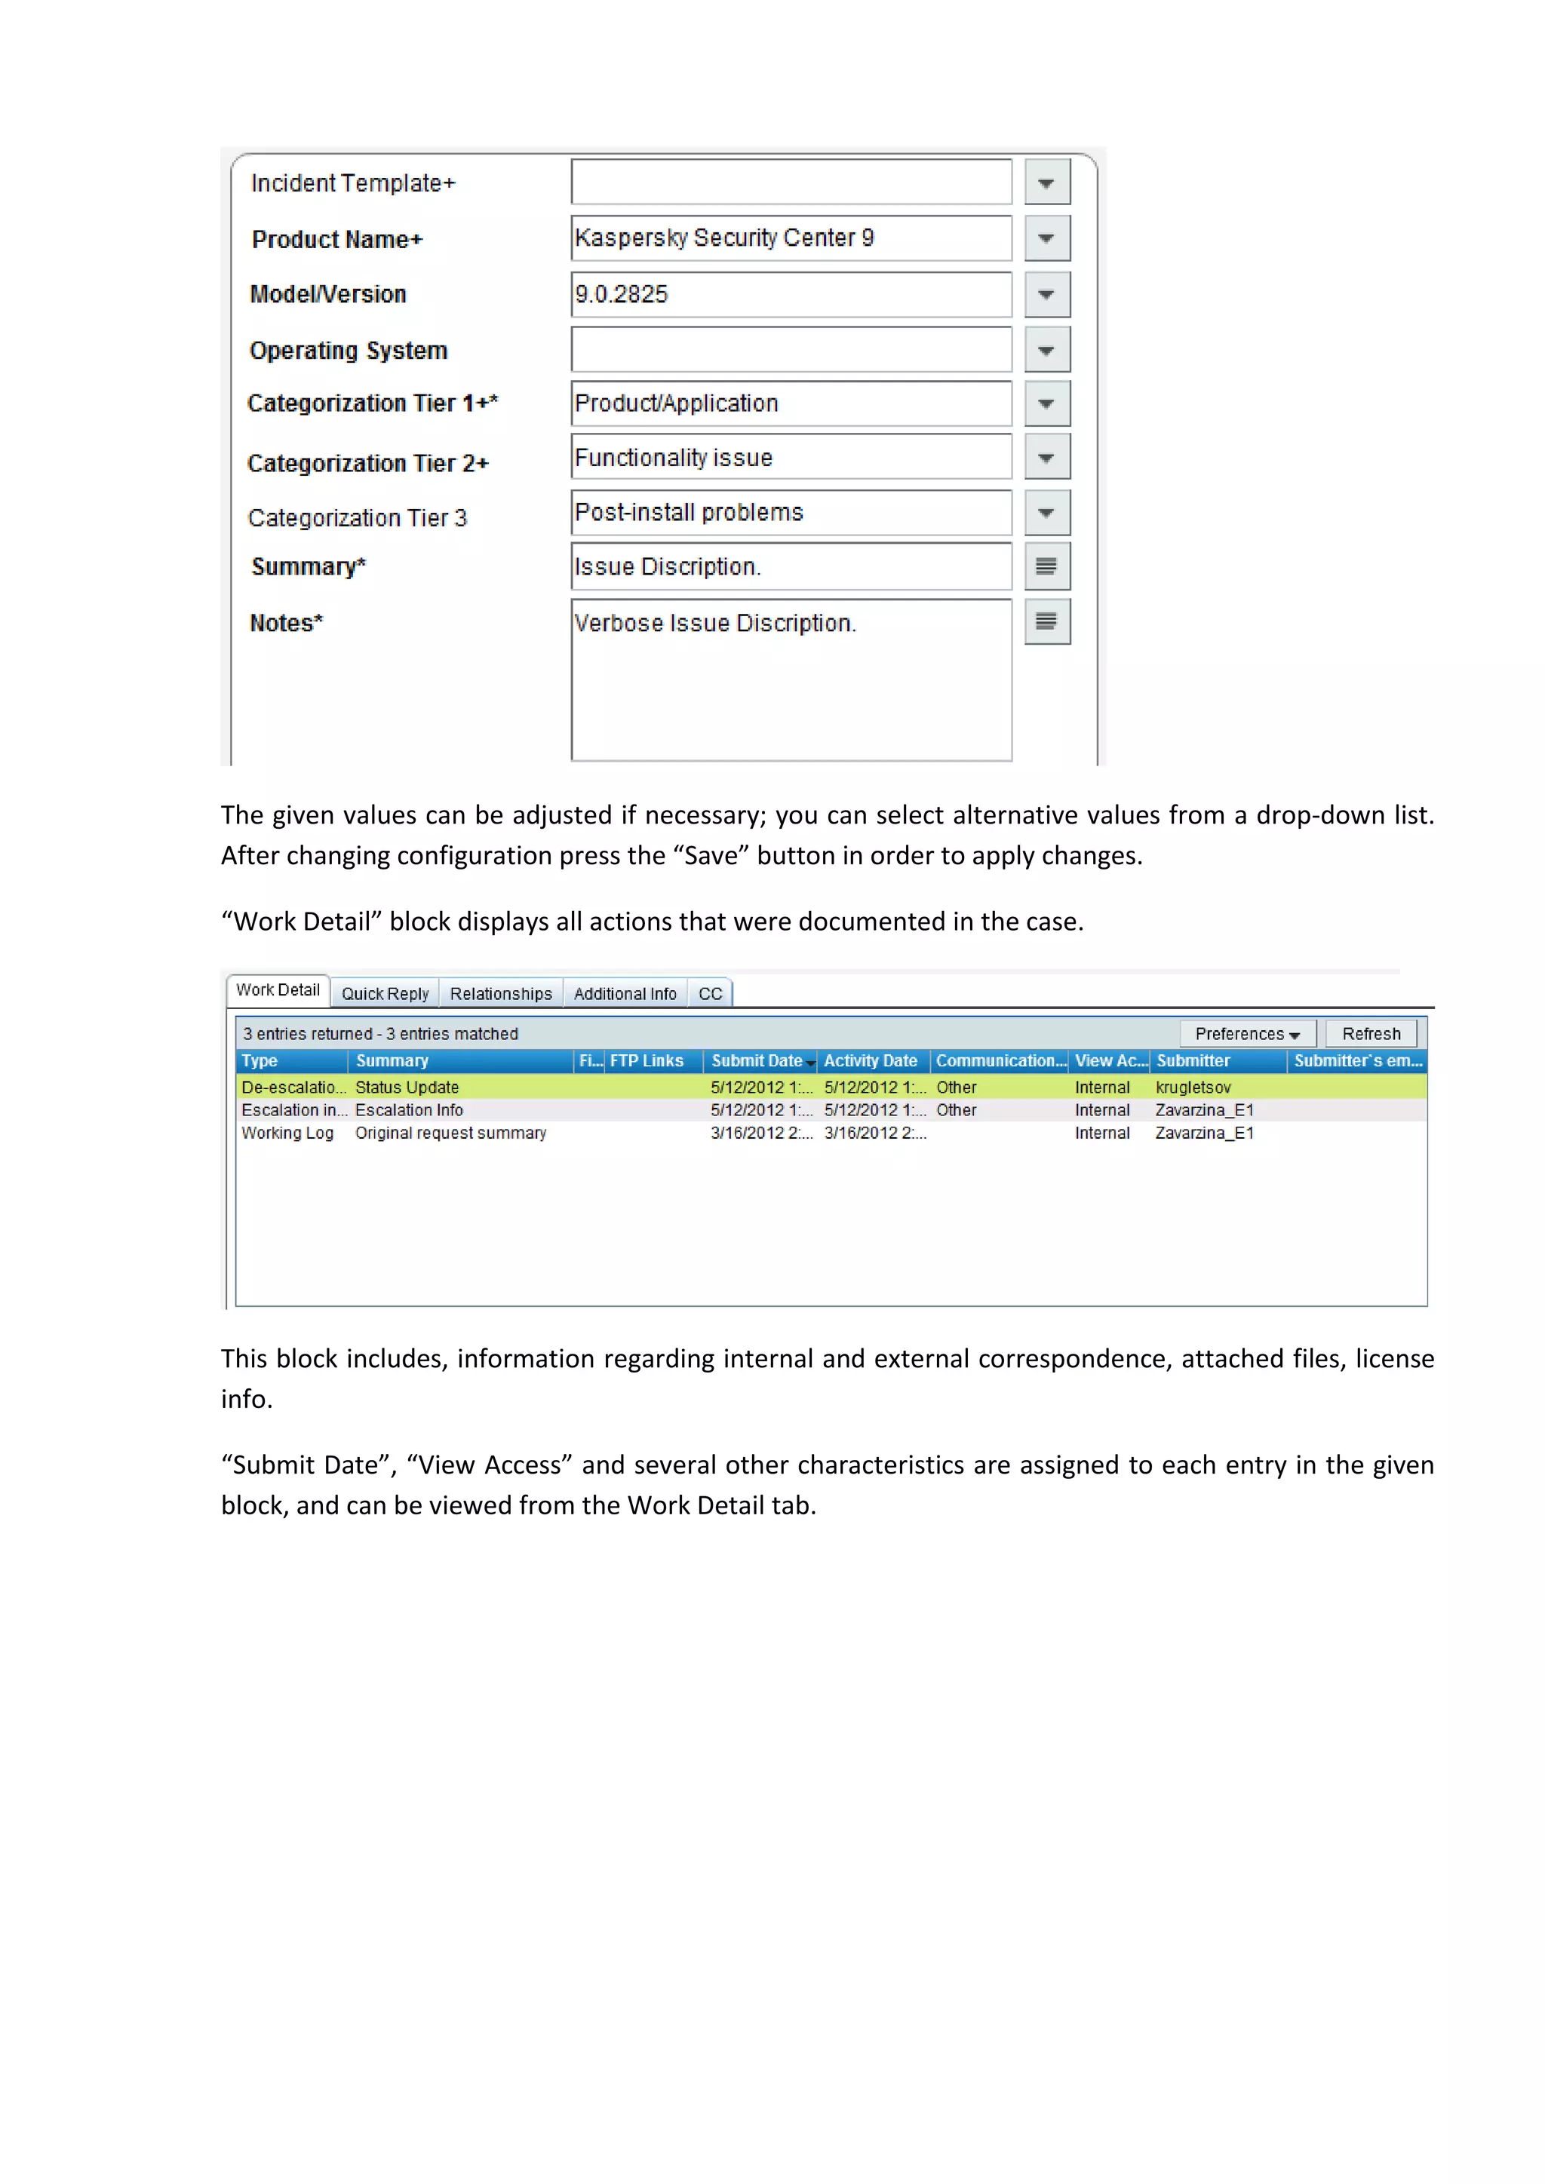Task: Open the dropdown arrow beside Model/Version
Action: [1046, 295]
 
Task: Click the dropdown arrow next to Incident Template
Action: [1046, 183]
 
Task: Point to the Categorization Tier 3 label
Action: [358, 518]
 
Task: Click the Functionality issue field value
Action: [674, 459]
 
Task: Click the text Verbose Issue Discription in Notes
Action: [714, 623]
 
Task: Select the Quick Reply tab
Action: [385, 994]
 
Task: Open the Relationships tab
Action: [500, 994]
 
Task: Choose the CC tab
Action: [711, 994]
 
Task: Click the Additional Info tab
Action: [625, 994]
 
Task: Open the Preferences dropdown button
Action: [1247, 1034]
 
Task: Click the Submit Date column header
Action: [757, 1060]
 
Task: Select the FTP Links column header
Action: [647, 1060]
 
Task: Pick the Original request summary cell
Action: [451, 1133]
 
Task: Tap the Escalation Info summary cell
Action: [409, 1110]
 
